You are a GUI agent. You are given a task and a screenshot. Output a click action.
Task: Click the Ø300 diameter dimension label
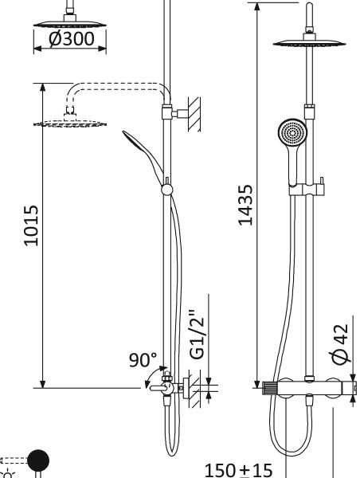(72, 39)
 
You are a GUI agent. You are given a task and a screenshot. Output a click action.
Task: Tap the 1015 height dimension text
(31, 225)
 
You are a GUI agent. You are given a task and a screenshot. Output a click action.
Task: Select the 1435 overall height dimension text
(245, 205)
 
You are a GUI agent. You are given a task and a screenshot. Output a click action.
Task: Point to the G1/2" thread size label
(197, 335)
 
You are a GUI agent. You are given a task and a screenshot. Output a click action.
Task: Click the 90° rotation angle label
(143, 360)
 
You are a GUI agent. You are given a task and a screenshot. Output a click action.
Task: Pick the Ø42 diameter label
(339, 344)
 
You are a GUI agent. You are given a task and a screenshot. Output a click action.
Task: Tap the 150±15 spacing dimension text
(238, 470)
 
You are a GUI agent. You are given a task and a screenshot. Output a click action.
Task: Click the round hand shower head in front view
(292, 133)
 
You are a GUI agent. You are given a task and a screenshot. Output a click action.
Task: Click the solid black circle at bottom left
(38, 460)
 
